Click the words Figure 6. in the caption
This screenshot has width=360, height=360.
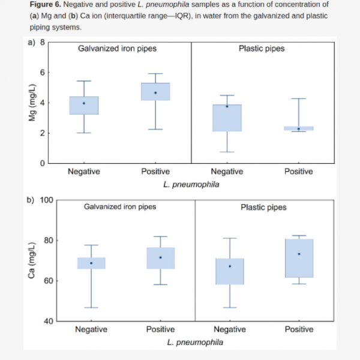46,4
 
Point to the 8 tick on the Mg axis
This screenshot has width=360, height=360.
42,43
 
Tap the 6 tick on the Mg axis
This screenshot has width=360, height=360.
42,73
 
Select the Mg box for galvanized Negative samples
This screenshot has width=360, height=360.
84,106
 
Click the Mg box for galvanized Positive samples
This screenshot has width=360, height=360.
155,92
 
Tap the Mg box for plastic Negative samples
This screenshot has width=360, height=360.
227,118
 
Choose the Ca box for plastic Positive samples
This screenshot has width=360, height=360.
299,258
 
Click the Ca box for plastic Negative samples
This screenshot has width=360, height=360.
229,271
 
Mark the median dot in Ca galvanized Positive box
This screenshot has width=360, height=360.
160,257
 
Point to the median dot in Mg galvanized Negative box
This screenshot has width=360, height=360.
84,103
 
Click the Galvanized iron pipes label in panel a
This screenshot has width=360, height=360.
115,48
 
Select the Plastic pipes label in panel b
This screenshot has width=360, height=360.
263,208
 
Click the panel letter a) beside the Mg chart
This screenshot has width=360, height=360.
32,43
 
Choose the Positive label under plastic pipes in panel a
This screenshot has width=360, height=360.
299,172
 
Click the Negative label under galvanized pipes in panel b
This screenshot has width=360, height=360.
91,329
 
